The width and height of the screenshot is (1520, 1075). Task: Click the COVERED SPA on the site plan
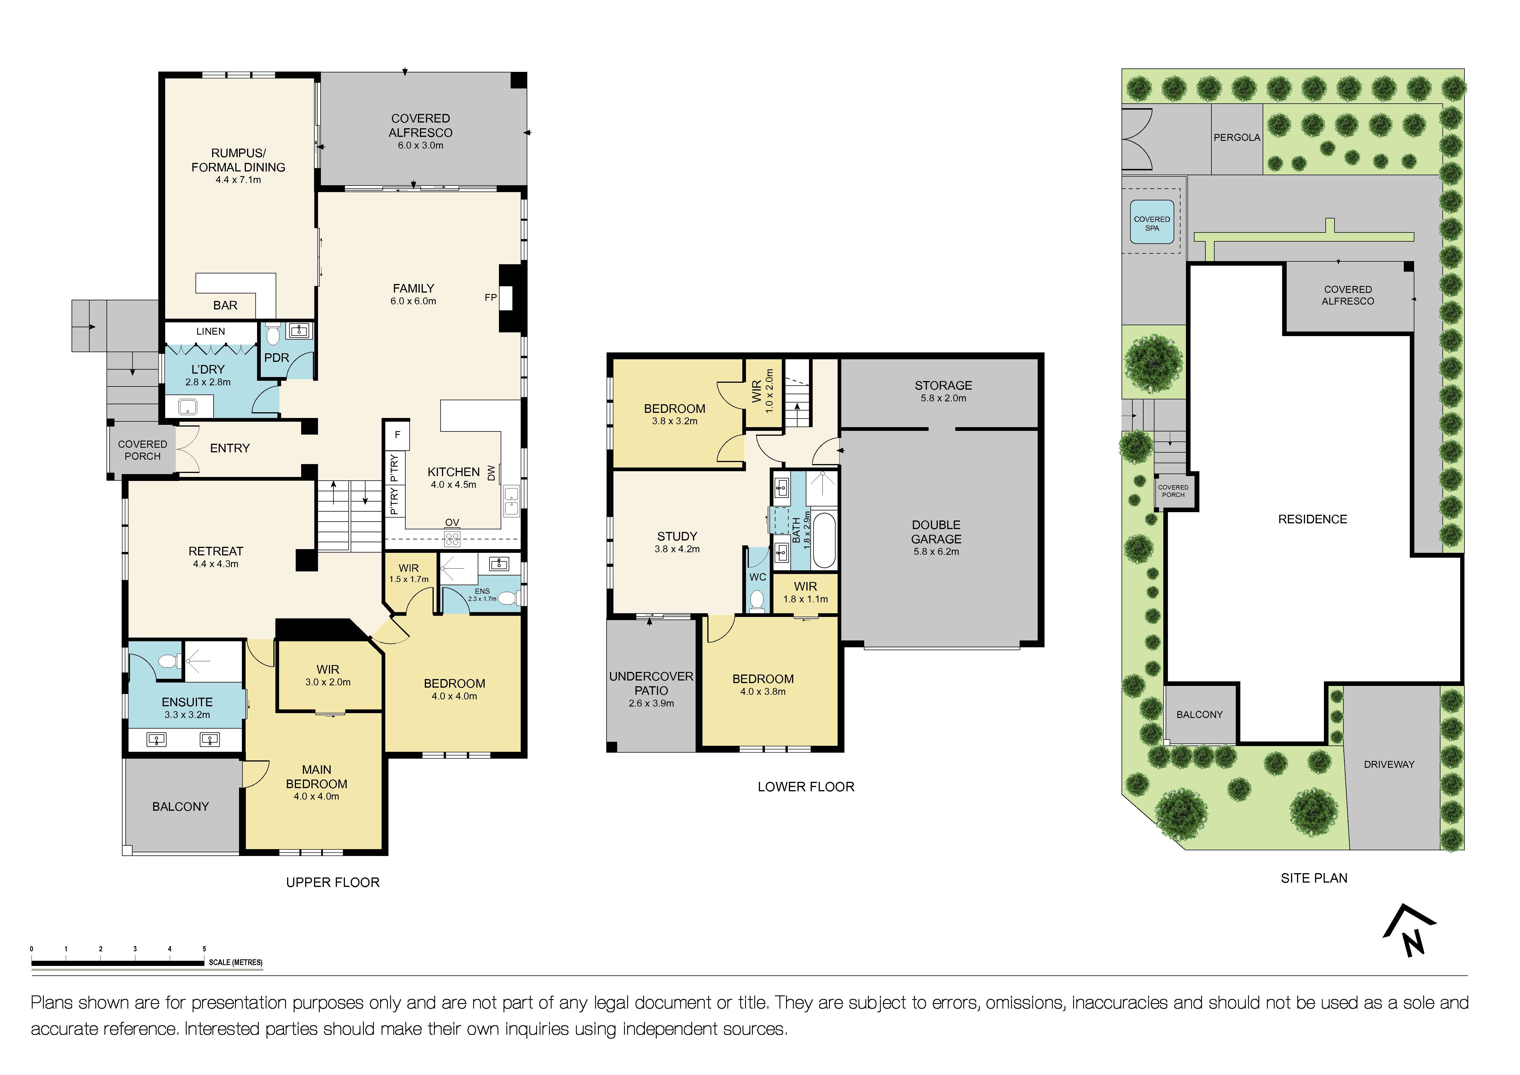coord(1152,223)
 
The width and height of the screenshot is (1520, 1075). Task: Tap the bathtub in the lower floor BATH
coord(824,540)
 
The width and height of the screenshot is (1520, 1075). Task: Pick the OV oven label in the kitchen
coord(452,523)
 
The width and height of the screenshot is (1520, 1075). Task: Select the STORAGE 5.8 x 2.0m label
coord(943,390)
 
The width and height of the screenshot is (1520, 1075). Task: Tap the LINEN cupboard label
coord(210,332)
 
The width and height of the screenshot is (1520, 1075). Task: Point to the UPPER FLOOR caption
coord(332,882)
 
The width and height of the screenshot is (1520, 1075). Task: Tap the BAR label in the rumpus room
coord(225,305)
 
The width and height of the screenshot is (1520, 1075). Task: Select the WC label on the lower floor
coord(757,577)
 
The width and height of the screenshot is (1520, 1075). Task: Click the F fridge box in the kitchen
coord(397,435)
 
